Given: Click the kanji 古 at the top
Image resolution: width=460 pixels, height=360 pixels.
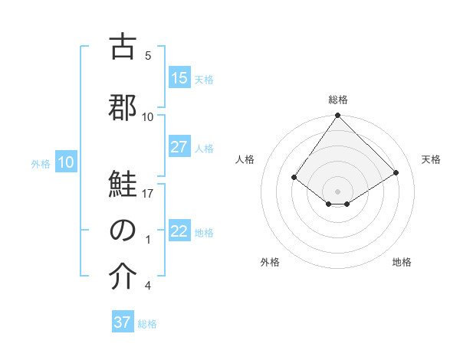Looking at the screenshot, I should click(x=123, y=47).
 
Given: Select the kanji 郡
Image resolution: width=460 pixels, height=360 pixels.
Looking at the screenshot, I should click(x=123, y=108).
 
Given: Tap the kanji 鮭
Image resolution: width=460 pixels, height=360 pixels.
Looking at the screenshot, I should click(x=123, y=185).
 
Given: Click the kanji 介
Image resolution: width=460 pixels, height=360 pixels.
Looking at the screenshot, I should click(x=123, y=277).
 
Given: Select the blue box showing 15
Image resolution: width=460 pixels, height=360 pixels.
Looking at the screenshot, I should click(x=179, y=78).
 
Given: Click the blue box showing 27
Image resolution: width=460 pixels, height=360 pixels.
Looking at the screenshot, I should click(x=179, y=147).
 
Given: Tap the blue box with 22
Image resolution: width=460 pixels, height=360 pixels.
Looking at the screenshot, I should click(x=179, y=231).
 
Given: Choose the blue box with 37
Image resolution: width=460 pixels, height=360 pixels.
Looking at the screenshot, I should click(x=123, y=322).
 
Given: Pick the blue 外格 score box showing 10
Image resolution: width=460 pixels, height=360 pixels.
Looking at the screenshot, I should click(x=65, y=162).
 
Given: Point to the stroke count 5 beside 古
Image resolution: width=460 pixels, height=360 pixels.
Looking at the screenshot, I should click(x=148, y=56).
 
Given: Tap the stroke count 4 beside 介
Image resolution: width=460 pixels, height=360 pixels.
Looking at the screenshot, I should click(x=148, y=286).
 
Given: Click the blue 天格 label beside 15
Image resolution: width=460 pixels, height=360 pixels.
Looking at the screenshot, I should click(x=204, y=79).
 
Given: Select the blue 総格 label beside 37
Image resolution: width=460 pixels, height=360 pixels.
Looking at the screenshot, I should click(x=147, y=323).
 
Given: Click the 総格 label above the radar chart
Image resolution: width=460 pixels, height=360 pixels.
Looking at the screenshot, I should click(x=338, y=100).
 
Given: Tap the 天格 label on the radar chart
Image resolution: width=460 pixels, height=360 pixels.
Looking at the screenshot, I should click(x=431, y=159).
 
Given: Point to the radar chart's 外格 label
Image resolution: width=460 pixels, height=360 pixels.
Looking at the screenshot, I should click(x=270, y=262).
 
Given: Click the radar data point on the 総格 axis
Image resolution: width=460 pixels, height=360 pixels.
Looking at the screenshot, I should click(x=337, y=116).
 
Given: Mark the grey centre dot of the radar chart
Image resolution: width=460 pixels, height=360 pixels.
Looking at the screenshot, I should click(x=337, y=191).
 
